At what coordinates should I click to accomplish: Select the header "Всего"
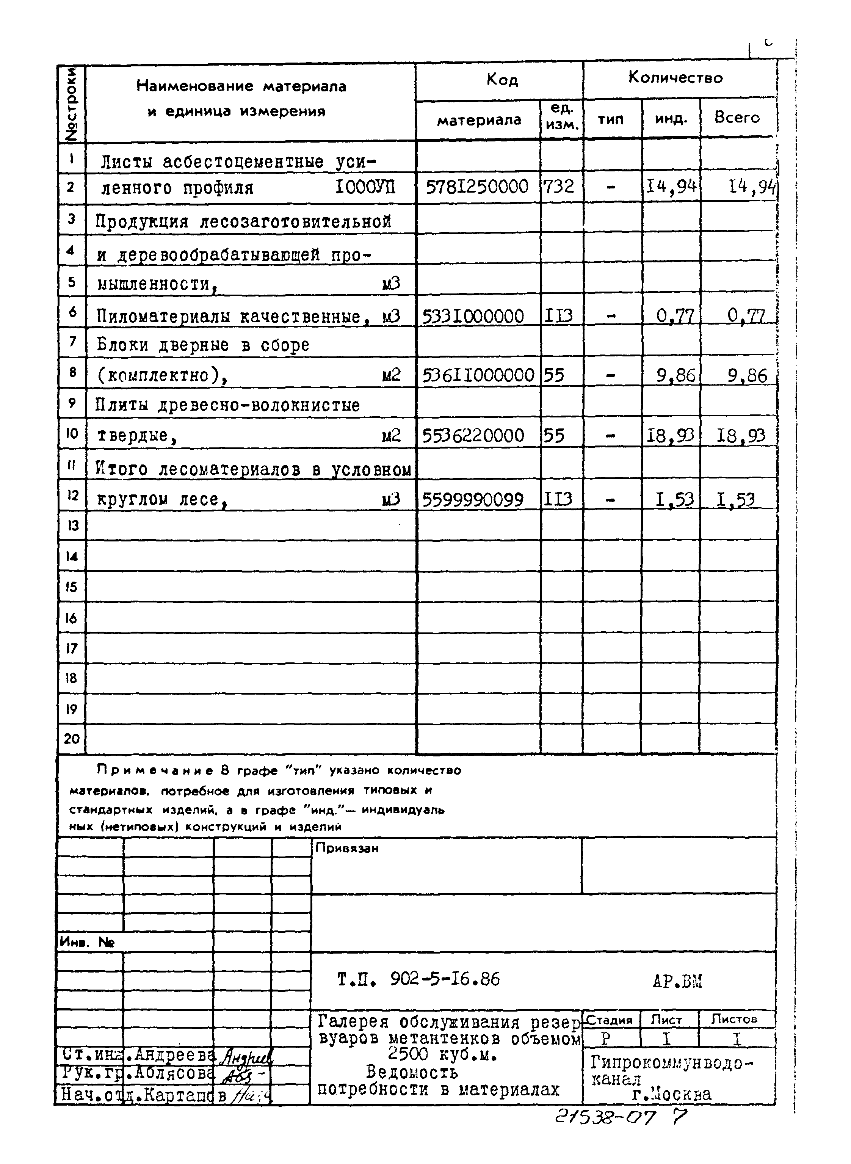coord(737,118)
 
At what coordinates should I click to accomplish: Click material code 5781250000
coord(477,186)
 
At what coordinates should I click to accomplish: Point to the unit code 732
coord(559,186)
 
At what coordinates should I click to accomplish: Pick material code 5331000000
coord(473,316)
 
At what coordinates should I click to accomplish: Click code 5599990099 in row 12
coord(473,499)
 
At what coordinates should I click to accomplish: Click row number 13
coord(72,526)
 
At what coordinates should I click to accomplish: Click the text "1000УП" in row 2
coord(365,187)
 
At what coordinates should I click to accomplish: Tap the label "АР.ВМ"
coord(677,982)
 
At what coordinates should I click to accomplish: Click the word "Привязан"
coord(347,848)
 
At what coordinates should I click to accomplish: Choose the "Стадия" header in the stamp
coord(610,1020)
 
